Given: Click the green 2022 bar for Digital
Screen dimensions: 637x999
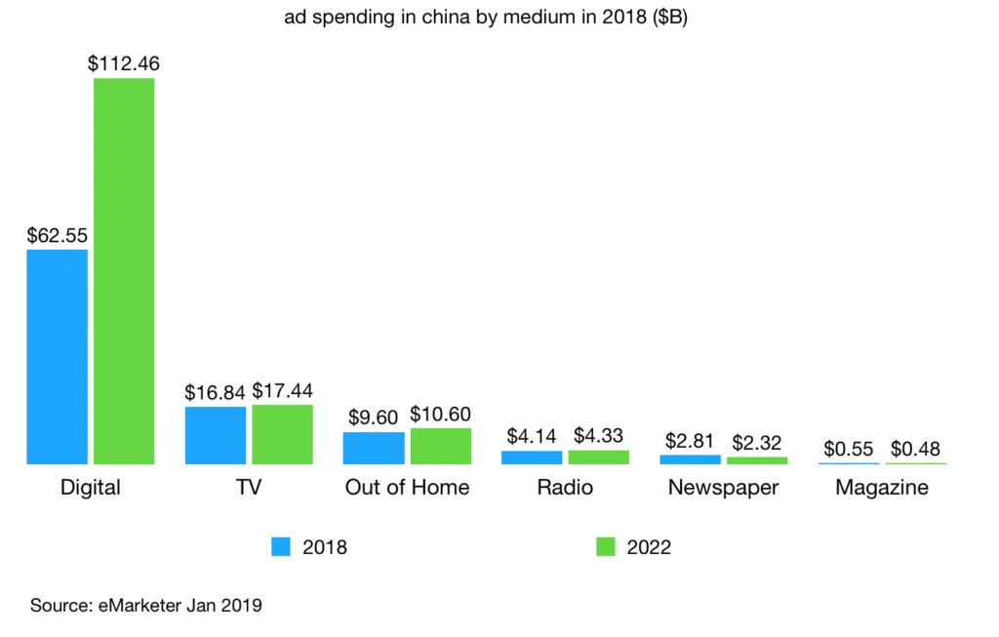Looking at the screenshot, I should click(x=124, y=270).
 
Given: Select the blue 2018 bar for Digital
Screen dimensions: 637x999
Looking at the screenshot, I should click(x=57, y=356).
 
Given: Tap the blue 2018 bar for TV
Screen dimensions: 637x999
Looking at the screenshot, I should click(x=215, y=435).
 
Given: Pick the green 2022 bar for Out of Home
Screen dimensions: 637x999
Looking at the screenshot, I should click(x=440, y=446).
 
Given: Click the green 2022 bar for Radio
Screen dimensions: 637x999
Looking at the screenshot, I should click(x=598, y=457).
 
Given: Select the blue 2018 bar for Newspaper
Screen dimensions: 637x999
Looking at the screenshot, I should click(x=690, y=458).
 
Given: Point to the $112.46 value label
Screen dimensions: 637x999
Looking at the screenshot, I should click(x=124, y=64).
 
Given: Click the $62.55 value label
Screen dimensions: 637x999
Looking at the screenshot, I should click(x=58, y=235).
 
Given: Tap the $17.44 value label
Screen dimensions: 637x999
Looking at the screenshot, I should click(x=282, y=390).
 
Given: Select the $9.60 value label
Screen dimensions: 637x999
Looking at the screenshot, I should click(x=373, y=418).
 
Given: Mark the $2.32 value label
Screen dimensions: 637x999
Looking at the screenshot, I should click(x=756, y=442).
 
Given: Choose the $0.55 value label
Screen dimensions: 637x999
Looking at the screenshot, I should click(x=848, y=449).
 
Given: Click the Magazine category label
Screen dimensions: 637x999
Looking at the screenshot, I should click(x=882, y=488).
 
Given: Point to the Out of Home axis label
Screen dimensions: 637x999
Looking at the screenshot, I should click(x=407, y=488).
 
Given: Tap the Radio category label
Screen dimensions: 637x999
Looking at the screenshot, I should click(x=565, y=488).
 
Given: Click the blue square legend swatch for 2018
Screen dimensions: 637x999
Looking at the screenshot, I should click(x=281, y=547).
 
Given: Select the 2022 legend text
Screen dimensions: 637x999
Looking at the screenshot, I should click(x=649, y=548).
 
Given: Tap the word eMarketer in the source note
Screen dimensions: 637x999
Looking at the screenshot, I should click(x=139, y=606).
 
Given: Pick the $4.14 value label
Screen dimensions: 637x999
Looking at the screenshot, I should click(x=531, y=436).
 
